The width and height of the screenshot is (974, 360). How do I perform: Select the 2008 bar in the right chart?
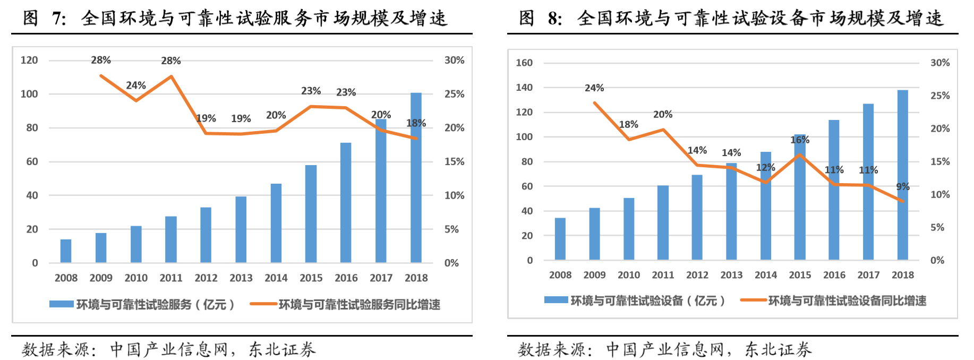coord(560,239)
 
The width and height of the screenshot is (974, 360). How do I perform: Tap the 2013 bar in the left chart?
coord(241,229)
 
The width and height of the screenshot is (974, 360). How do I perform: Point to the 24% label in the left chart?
coord(135,85)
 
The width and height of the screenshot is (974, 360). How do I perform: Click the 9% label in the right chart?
coord(903,186)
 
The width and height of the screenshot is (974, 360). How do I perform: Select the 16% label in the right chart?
coord(800,140)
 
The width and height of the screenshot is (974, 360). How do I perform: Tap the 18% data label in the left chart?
coord(416,123)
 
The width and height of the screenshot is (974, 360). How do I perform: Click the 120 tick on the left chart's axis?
coord(29,60)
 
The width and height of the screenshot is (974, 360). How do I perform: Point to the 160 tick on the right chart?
coord(524,63)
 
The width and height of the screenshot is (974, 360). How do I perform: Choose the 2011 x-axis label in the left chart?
coord(171,278)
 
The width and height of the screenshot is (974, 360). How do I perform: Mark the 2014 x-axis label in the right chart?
coord(765,275)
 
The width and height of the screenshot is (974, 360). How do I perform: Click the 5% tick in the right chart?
coord(937,227)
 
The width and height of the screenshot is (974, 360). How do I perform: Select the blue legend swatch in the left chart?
coord(61,304)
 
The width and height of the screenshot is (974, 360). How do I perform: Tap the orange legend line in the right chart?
coord(753,301)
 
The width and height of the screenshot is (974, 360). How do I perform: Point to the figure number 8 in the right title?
coord(553,19)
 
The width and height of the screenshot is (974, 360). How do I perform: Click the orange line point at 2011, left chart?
coord(171,76)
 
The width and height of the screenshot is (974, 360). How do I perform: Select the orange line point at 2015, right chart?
coord(800,155)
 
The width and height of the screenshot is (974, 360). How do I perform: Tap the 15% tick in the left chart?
coord(454,161)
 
